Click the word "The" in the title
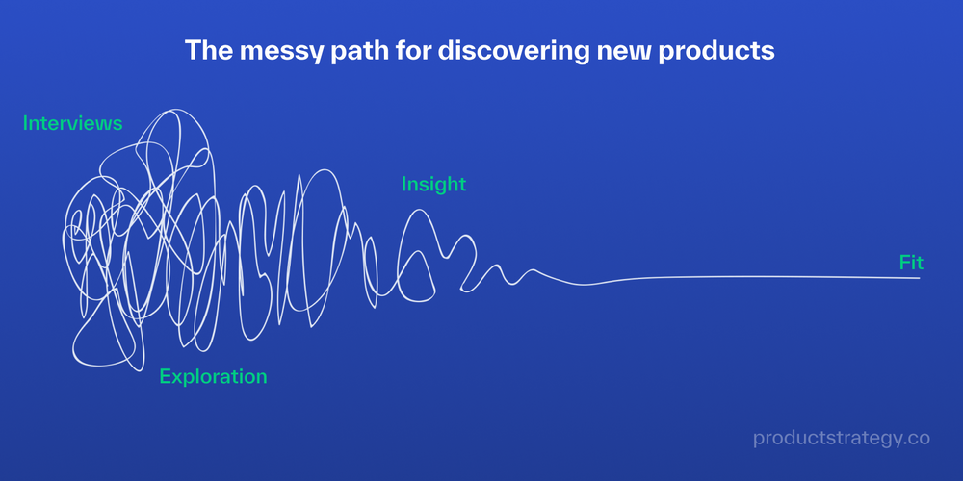(x=206, y=51)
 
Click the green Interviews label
(x=73, y=124)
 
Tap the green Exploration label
(x=213, y=376)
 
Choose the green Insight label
(x=433, y=185)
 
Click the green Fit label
(x=911, y=262)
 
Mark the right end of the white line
(x=919, y=278)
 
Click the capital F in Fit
(x=904, y=262)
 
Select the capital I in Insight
(x=404, y=185)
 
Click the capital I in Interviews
(x=26, y=124)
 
